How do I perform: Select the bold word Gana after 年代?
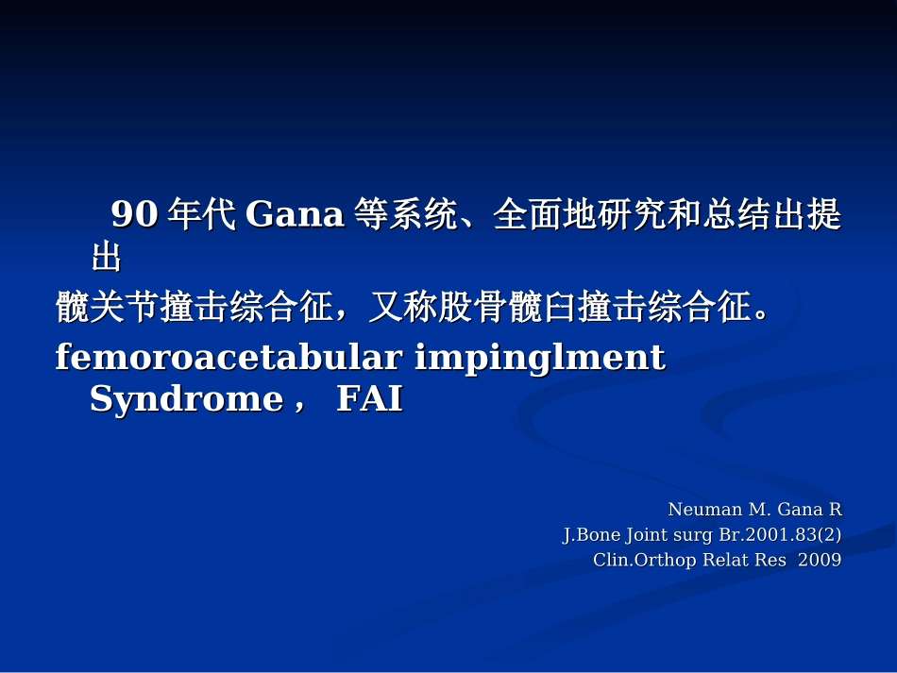(x=295, y=215)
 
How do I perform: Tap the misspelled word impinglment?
(x=540, y=358)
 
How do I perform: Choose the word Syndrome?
(x=186, y=400)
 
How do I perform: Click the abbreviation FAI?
(x=369, y=400)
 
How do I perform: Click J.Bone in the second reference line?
(x=592, y=535)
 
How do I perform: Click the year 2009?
(x=820, y=560)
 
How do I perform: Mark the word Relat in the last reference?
(x=724, y=560)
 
